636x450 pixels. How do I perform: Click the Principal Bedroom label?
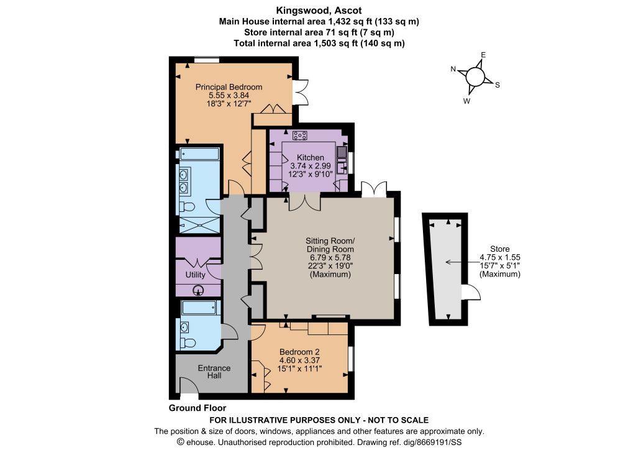pos(229,87)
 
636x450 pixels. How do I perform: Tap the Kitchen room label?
pos(311,157)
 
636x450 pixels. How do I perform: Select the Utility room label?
pos(195,275)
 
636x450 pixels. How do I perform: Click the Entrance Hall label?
pos(214,372)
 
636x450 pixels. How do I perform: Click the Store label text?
pos(500,249)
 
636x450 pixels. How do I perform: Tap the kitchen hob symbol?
pos(300,135)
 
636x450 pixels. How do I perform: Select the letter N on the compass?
pos(453,69)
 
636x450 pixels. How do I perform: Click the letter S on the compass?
pos(497,85)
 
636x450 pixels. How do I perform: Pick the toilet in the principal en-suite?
pos(187,207)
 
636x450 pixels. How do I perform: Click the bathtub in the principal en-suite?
pos(199,154)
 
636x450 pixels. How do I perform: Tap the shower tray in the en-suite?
pos(199,224)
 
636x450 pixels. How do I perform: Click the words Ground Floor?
pos(198,408)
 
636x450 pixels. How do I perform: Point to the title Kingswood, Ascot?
pos(319,10)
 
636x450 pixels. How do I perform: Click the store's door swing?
pos(471,292)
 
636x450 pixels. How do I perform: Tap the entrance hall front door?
pos(189,385)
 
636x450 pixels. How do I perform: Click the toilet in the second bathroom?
pos(188,343)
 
